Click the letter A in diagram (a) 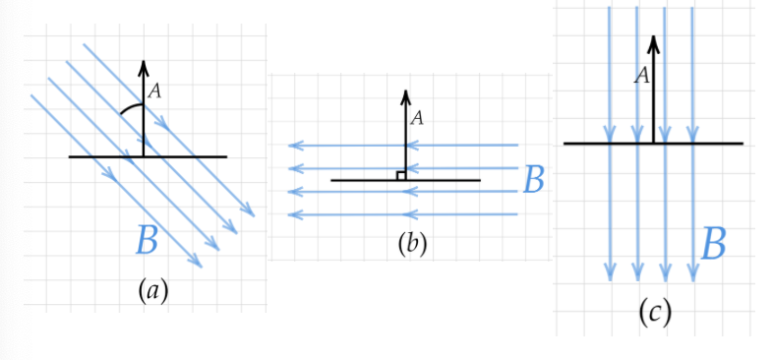click(154, 91)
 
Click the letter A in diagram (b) click(417, 118)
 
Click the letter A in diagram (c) click(641, 76)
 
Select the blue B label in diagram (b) click(534, 179)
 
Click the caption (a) click(150, 290)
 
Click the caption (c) click(654, 312)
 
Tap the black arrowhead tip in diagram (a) click(144, 62)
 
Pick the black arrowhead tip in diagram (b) click(404, 91)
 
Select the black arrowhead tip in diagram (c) click(652, 37)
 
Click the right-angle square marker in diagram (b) click(400, 175)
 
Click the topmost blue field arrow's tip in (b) click(289, 146)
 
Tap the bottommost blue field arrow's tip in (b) click(289, 213)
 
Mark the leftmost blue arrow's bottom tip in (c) click(610, 278)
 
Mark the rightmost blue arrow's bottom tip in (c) click(693, 278)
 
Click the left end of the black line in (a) click(70, 156)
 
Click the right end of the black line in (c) click(743, 144)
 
